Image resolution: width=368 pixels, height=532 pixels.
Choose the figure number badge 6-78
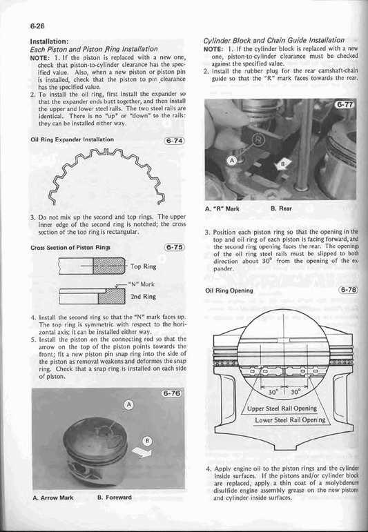pyautogui.click(x=349, y=290)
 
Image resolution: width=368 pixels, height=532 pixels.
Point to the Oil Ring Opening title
pyautogui.click(x=229, y=290)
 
